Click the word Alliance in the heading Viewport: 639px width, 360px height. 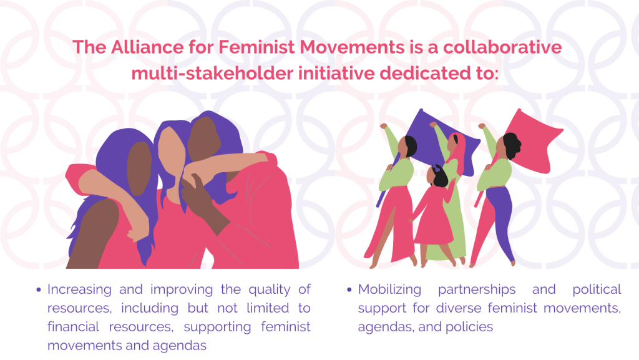tap(147, 47)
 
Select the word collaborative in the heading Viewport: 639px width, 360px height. tap(502, 47)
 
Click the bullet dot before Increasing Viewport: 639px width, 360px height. tap(39, 290)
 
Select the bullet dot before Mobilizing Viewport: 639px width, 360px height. tap(349, 290)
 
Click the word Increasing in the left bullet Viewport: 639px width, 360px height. tap(79, 289)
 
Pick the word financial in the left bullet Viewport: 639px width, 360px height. tap(74, 326)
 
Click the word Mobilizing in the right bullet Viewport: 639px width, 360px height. tap(389, 289)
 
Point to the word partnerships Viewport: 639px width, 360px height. tap(477, 289)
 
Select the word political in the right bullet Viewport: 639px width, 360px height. tap(597, 289)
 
